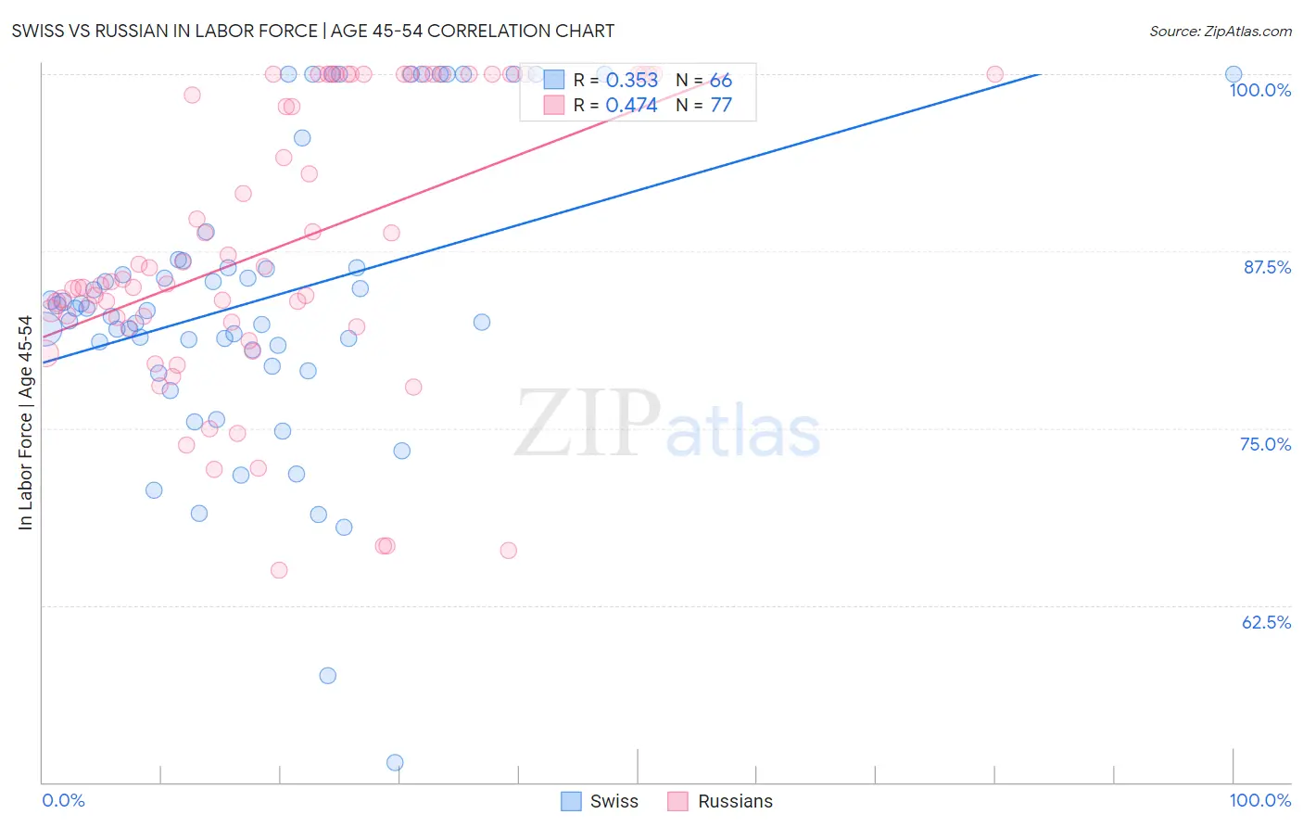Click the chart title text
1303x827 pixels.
[x=312, y=31]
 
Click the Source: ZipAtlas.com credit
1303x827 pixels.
[x=1220, y=31]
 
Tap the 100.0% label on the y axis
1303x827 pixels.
[x=1259, y=90]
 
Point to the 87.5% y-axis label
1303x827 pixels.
[x=1266, y=267]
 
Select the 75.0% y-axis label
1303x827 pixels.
[x=1265, y=444]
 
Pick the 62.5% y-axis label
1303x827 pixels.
[x=1266, y=622]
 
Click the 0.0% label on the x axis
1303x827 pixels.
[x=63, y=800]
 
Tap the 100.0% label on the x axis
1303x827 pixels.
[x=1259, y=800]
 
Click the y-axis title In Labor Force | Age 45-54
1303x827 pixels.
[x=25, y=423]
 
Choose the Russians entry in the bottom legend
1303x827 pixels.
[x=721, y=801]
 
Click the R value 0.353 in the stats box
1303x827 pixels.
[x=631, y=81]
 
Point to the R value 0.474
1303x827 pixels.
[x=631, y=106]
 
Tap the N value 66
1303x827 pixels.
[x=721, y=81]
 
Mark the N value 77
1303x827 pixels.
[x=721, y=106]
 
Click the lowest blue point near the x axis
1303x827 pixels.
[x=395, y=763]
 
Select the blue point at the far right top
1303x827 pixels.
[x=1233, y=74]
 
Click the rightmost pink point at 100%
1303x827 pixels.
[x=994, y=74]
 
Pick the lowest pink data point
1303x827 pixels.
[x=279, y=570]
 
